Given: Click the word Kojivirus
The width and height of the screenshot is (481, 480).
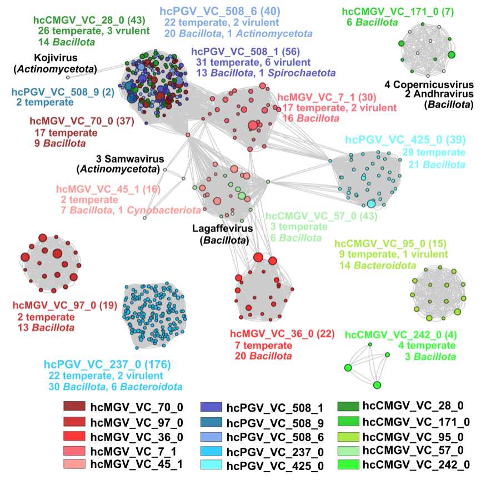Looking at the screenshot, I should pos(54,58).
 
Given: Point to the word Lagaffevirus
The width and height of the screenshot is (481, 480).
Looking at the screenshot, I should pos(222,228).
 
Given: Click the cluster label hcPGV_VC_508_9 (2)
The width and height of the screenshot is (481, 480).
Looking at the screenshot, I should pos(51,92).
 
